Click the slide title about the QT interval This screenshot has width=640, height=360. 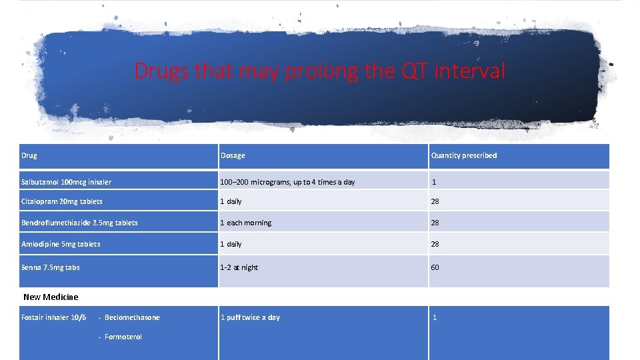click(x=320, y=71)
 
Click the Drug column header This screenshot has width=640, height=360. click(x=29, y=155)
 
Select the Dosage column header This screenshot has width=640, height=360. click(x=233, y=155)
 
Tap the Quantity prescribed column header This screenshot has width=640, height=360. click(x=463, y=155)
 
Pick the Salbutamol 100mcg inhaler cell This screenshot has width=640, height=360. click(x=66, y=182)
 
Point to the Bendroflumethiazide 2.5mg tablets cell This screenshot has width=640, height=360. click(x=79, y=223)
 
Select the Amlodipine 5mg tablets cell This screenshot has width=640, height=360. click(x=61, y=244)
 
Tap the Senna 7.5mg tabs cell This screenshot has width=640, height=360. click(x=51, y=267)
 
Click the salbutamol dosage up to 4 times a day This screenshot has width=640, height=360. click(x=287, y=182)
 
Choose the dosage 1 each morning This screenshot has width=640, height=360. click(x=246, y=223)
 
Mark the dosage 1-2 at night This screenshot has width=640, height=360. click(x=239, y=267)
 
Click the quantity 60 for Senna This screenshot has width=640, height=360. click(x=435, y=267)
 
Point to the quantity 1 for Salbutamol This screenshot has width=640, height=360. click(x=433, y=182)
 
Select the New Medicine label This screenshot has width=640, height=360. click(x=51, y=297)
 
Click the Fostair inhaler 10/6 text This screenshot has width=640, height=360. click(x=53, y=317)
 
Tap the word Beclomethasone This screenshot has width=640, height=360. click(x=132, y=317)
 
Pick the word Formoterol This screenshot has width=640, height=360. click(x=123, y=337)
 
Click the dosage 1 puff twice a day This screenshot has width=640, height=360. click(x=250, y=317)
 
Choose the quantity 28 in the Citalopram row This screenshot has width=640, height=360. click(x=435, y=201)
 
